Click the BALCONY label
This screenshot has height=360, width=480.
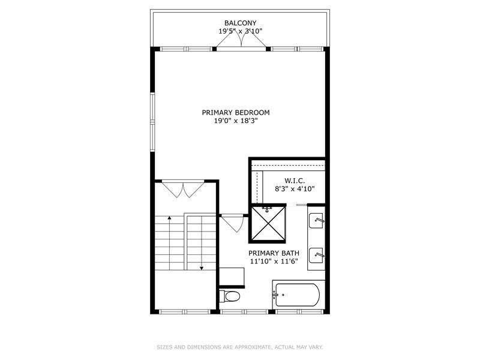[x=240, y=23]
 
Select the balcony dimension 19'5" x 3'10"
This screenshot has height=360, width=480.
[x=240, y=31]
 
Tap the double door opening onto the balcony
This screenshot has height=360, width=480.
[x=241, y=40]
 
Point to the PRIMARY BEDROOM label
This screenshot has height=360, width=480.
[x=235, y=112]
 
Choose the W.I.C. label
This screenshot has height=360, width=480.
[x=295, y=180]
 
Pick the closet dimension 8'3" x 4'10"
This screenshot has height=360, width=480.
[x=295, y=188]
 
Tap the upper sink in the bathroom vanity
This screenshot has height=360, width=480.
[x=317, y=220]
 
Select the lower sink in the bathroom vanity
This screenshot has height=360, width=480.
[x=317, y=256]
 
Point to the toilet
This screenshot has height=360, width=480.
[x=230, y=296]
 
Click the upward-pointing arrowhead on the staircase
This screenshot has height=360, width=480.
[x=170, y=218]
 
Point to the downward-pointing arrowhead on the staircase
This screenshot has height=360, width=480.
[x=202, y=267]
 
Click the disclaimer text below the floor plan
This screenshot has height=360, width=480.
[x=240, y=347]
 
